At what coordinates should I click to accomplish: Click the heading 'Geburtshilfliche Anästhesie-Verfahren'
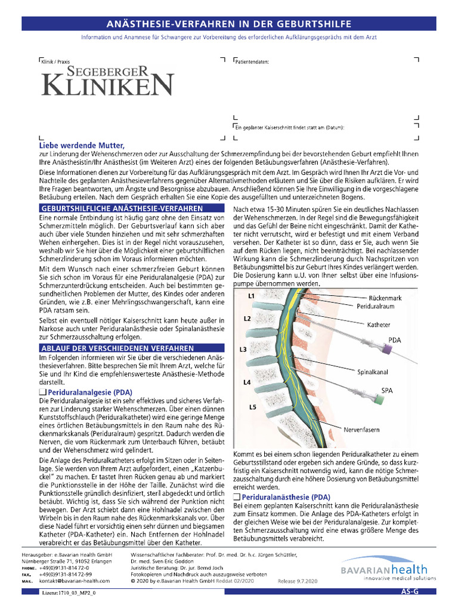click(122, 208)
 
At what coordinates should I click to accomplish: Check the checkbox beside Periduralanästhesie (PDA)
click(236, 496)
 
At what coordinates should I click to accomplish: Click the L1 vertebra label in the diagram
click(251, 296)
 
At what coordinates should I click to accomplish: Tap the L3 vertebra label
click(243, 349)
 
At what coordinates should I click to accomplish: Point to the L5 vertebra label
click(252, 407)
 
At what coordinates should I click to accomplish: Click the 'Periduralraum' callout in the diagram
click(377, 305)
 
